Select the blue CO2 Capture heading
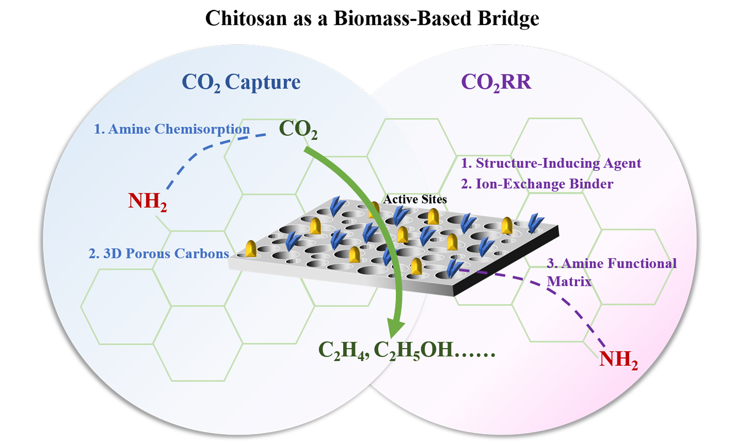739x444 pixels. click(241, 82)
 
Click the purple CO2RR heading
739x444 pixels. click(496, 82)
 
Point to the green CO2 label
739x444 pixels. click(298, 129)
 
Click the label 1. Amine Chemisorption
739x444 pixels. click(172, 129)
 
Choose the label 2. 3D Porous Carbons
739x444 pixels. click(158, 254)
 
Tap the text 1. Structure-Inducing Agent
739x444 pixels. click(551, 163)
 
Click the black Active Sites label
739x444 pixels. click(415, 199)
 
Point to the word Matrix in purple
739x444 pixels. click(569, 282)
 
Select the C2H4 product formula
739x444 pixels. click(344, 350)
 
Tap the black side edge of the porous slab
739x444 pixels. click(506, 261)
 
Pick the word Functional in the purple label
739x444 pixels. click(642, 264)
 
